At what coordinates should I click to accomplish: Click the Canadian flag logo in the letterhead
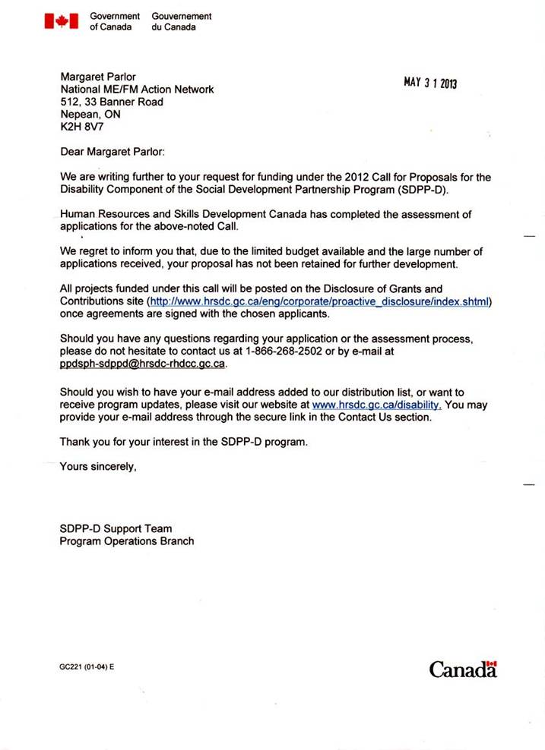pyautogui.click(x=61, y=21)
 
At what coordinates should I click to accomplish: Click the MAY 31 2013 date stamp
pyautogui.click(x=429, y=82)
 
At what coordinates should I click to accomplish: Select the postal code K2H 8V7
pyautogui.click(x=78, y=127)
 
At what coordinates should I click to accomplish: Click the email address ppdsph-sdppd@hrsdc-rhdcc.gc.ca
pyautogui.click(x=143, y=364)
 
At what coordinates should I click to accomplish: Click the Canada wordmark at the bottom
pyautogui.click(x=462, y=669)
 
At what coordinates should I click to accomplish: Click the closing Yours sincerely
pyautogui.click(x=98, y=467)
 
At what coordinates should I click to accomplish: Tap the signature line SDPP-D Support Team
pyautogui.click(x=116, y=528)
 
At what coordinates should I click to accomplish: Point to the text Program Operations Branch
pyautogui.click(x=127, y=541)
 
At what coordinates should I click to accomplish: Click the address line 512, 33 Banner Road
pyautogui.click(x=112, y=102)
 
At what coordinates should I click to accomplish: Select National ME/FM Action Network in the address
pyautogui.click(x=137, y=90)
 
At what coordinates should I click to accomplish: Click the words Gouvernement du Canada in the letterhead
pyautogui.click(x=182, y=21)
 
